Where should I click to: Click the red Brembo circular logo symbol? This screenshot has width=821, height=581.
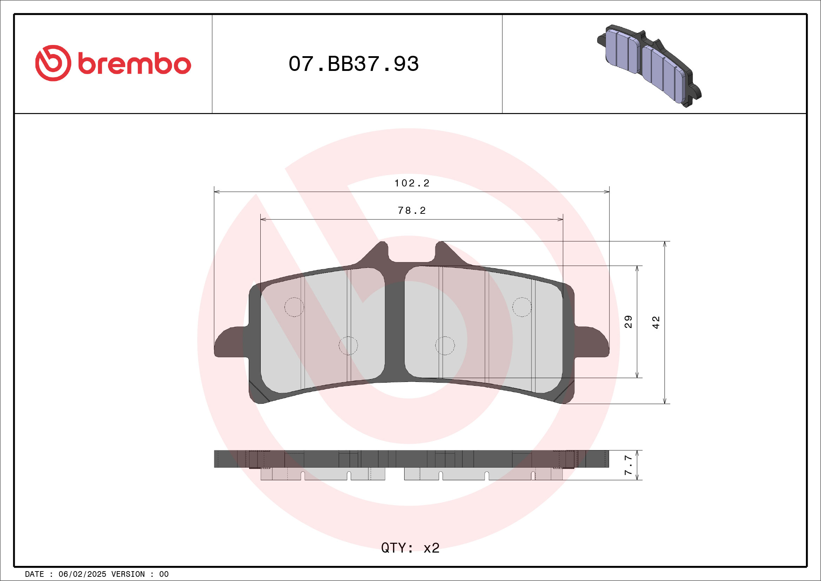[53, 63]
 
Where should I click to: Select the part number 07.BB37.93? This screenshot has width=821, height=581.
[353, 64]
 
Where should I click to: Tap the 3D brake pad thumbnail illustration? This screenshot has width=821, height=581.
[649, 66]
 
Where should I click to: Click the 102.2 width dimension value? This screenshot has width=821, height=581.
[412, 183]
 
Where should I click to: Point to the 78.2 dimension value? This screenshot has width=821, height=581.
[412, 211]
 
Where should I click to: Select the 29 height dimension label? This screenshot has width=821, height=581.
[628, 322]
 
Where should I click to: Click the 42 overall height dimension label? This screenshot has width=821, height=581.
[656, 322]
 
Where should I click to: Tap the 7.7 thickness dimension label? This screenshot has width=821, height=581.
[628, 466]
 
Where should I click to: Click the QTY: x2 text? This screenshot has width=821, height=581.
[410, 548]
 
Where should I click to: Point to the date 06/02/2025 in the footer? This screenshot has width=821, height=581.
[82, 574]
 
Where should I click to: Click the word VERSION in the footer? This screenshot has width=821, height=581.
[128, 574]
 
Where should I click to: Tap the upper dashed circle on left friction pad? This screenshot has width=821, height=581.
[294, 307]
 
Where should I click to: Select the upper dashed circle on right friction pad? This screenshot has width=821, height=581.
[522, 307]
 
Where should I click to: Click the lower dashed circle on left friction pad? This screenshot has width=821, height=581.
[348, 345]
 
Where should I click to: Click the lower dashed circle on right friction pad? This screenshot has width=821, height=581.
[445, 345]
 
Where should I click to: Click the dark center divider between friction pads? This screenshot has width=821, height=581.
[394, 322]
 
